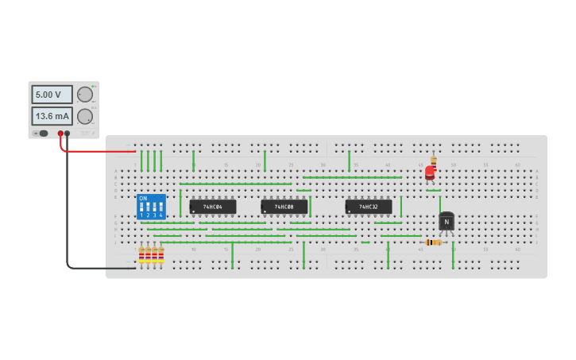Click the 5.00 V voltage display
52,95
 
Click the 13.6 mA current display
52,116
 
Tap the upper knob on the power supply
85,95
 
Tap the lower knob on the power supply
85,116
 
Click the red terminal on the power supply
60,134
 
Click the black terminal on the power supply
67,134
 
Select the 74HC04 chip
213,207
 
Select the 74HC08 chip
284,207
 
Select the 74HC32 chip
368,207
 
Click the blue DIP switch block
151,207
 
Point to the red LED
430,172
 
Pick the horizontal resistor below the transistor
433,242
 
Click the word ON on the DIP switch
143,199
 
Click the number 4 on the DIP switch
160,215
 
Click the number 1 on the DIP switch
141,215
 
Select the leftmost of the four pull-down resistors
141,254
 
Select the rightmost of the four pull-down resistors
160,254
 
